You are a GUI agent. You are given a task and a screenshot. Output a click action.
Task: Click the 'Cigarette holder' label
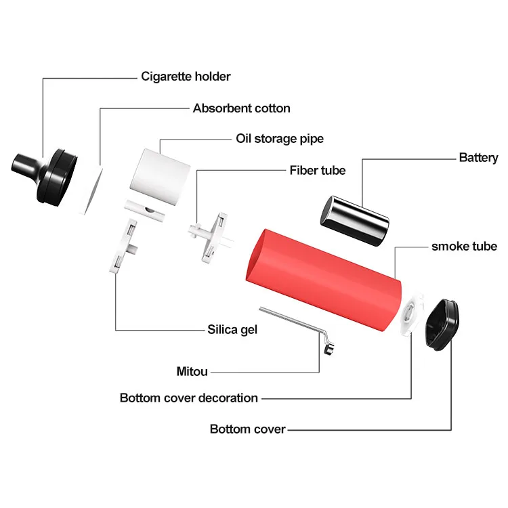(186, 77)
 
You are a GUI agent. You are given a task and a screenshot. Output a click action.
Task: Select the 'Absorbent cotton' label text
(241, 108)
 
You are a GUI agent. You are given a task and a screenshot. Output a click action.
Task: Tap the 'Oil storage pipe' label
(279, 139)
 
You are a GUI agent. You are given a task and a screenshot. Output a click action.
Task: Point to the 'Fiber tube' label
(317, 170)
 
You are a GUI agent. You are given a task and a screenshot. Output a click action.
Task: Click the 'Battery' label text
(478, 158)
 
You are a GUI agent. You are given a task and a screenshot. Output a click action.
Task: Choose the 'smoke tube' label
(464, 246)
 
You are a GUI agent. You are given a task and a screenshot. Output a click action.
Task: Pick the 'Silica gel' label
(232, 330)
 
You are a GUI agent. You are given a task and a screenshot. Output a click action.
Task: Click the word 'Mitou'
(192, 371)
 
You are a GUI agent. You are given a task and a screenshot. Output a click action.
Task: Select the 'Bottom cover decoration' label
(188, 398)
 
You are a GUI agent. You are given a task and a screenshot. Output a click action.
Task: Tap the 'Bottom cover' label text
(247, 429)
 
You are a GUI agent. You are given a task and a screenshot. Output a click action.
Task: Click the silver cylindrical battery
(354, 220)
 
